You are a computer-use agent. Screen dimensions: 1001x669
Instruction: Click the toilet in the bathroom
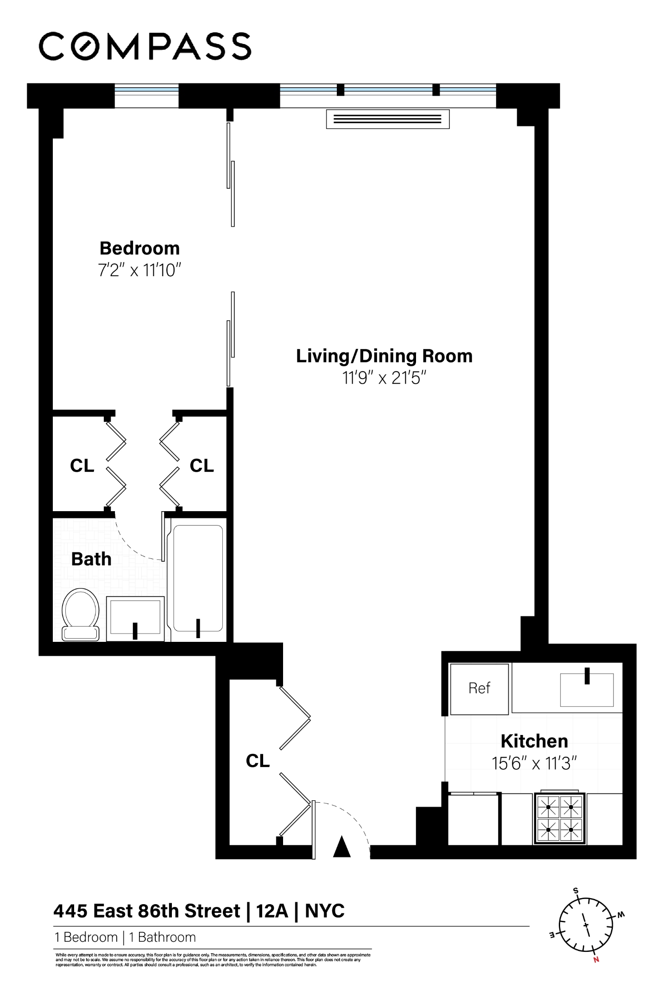click(81, 614)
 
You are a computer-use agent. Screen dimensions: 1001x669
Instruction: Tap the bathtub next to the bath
click(198, 579)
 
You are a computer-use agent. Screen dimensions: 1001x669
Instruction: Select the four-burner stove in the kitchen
click(560, 818)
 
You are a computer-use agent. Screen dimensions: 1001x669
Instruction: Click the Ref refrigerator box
click(479, 689)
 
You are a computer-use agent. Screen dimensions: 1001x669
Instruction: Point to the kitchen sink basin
click(587, 690)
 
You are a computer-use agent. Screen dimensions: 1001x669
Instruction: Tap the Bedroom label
click(139, 248)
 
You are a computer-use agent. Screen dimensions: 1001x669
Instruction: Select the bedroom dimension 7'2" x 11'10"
click(139, 270)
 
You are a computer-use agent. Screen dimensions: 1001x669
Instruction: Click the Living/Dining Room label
click(384, 356)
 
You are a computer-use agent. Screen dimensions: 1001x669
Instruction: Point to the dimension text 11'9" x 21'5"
click(384, 378)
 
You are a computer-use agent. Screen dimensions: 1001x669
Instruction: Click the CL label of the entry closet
click(258, 760)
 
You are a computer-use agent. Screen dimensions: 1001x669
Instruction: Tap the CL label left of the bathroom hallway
click(82, 465)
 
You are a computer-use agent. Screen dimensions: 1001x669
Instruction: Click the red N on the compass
click(596, 960)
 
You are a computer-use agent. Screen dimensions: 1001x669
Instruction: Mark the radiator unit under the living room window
click(387, 119)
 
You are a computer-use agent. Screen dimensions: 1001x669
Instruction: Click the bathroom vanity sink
click(135, 618)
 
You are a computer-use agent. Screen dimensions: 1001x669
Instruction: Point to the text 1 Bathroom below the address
click(162, 937)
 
